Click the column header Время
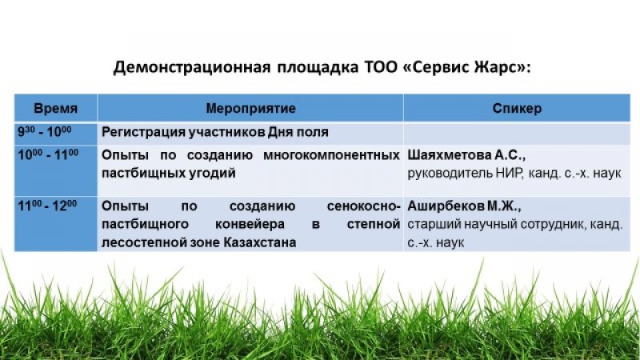click(x=55, y=108)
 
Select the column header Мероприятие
click(x=250, y=108)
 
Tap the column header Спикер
click(x=517, y=108)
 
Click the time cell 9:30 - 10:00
click(x=45, y=132)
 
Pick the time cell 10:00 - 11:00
click(x=48, y=155)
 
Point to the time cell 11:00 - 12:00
click(x=47, y=206)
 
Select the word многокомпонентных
click(x=331, y=155)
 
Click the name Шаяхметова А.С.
click(x=466, y=155)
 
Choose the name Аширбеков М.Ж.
click(x=464, y=206)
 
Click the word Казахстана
click(x=259, y=242)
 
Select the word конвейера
click(x=250, y=224)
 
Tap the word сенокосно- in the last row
click(x=363, y=206)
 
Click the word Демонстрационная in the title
click(x=191, y=67)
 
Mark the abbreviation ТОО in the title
click(x=380, y=67)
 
